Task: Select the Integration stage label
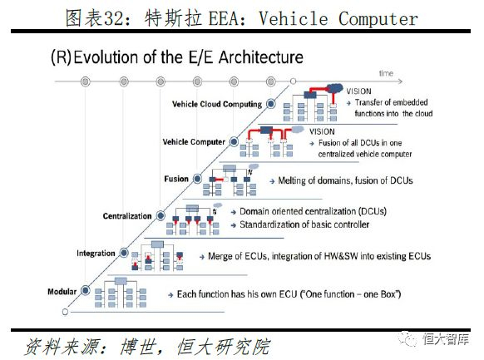[x=96, y=252]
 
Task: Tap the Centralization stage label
[x=127, y=216]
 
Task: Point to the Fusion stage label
[x=176, y=179]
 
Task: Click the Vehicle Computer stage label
[x=194, y=142]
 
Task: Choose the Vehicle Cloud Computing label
[x=216, y=104]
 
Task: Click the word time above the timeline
[x=385, y=73]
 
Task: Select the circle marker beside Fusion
[x=197, y=179]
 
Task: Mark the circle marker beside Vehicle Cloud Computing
[x=271, y=104]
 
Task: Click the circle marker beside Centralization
[x=161, y=216]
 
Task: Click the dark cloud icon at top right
[x=338, y=86]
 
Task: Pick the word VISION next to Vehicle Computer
[x=322, y=131]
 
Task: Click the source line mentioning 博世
[x=146, y=343]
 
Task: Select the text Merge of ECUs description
[x=316, y=257]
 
